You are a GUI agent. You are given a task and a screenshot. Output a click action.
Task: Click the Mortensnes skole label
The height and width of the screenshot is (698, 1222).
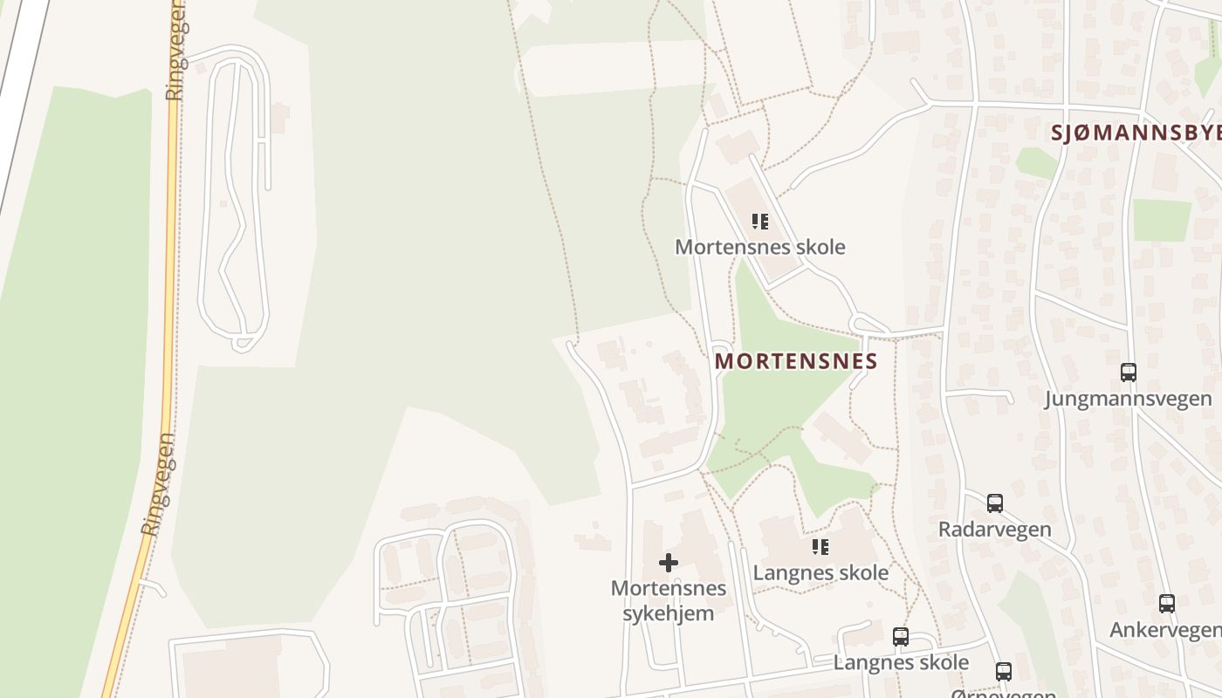pos(759,247)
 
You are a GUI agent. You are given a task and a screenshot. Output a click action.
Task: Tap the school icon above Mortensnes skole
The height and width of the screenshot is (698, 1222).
pos(760,222)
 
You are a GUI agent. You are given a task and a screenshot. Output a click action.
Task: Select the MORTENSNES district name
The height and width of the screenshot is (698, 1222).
pos(795,361)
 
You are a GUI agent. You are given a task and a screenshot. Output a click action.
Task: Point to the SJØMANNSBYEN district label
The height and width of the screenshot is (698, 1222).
pos(1136,133)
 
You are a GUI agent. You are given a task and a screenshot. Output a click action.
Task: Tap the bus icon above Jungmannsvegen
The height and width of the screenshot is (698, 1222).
pos(1129,373)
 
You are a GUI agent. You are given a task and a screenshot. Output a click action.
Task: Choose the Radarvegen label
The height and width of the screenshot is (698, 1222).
pos(994,530)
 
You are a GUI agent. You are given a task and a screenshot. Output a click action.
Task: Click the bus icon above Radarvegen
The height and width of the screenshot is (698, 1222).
pos(994,503)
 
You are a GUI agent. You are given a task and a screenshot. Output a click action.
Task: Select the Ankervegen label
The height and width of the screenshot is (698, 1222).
pos(1165,630)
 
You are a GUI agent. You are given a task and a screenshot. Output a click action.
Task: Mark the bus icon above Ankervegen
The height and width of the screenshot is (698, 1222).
pos(1166,604)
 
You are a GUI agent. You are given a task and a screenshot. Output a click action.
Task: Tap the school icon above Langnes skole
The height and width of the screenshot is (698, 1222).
pos(820,547)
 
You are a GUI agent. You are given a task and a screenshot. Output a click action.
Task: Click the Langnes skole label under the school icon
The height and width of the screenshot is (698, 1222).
pos(820,573)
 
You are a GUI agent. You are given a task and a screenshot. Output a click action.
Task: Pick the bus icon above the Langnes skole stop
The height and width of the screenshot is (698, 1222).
pos(901,637)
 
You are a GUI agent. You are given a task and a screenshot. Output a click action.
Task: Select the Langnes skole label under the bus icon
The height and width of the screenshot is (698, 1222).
pos(901,662)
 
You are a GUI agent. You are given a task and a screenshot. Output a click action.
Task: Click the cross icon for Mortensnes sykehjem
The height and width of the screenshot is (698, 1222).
pos(668,563)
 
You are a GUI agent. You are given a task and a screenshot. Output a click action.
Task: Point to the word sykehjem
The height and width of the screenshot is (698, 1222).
pos(668,613)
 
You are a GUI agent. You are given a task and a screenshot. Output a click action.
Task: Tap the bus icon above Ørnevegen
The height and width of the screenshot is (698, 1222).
pos(1004,672)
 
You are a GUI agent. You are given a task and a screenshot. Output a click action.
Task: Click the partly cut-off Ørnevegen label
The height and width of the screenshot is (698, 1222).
pos(1004,694)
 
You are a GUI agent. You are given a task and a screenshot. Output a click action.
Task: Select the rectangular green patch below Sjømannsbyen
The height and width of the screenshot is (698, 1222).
pos(1162,220)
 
